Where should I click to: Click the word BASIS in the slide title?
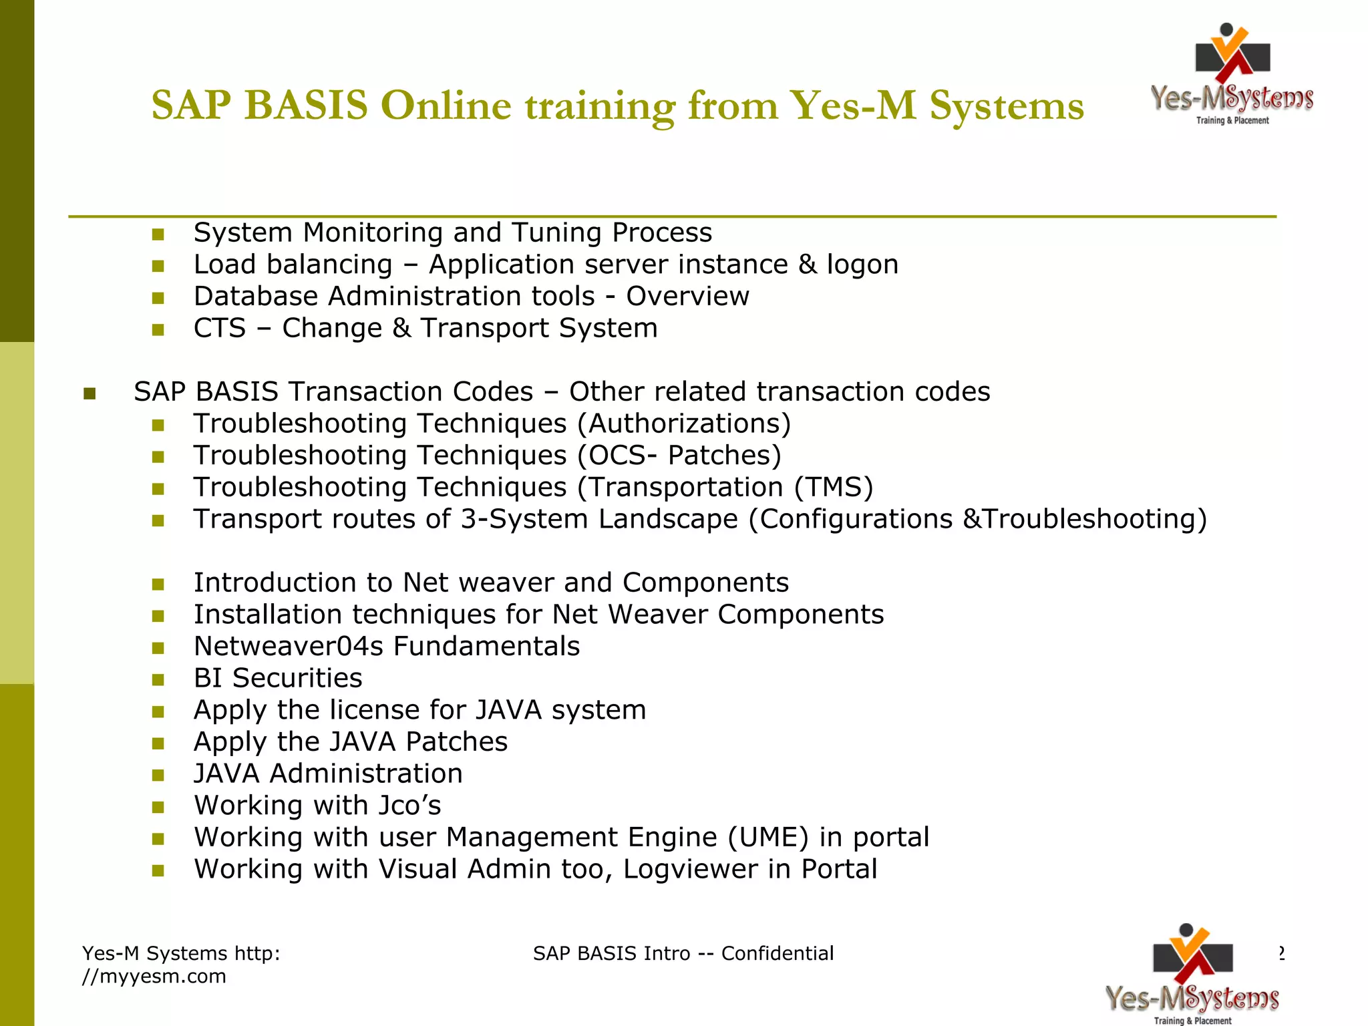point(306,106)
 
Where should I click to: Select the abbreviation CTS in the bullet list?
point(220,328)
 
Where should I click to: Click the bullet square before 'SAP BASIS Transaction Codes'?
point(90,393)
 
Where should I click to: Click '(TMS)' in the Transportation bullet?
point(834,487)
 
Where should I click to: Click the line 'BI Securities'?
point(278,678)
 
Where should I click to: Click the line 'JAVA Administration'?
point(328,774)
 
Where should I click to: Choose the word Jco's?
point(409,806)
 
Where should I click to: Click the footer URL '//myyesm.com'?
point(154,977)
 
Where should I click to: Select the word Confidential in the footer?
point(777,953)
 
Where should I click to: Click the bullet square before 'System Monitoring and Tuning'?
point(158,234)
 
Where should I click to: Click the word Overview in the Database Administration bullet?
point(687,297)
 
